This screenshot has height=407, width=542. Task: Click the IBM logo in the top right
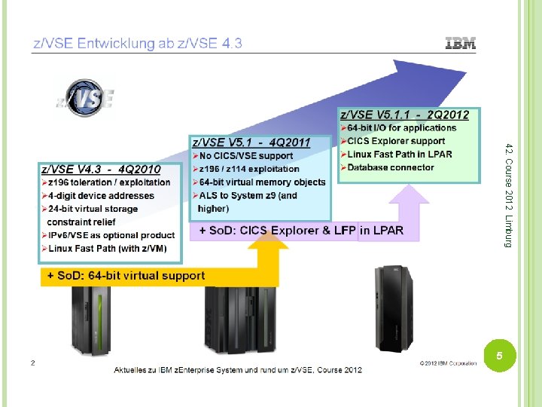[461, 44]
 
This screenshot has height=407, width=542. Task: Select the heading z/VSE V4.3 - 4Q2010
[101, 170]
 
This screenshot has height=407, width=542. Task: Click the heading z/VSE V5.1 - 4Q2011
[251, 142]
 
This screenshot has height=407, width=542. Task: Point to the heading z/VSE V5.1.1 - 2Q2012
[405, 115]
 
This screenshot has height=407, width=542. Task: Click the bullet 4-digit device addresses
[102, 195]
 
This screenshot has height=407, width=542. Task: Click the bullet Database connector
[391, 167]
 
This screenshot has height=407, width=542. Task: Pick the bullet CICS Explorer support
[396, 141]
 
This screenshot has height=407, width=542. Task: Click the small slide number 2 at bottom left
[33, 363]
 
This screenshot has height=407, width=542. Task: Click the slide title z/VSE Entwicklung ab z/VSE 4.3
[137, 44]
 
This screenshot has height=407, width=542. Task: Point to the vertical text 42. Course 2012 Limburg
[509, 194]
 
